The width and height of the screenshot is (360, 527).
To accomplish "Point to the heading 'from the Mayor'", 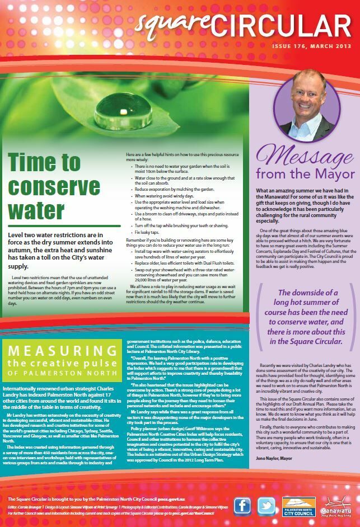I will (x=305, y=174).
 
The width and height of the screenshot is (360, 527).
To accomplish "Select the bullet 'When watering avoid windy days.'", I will (x=169, y=196).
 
